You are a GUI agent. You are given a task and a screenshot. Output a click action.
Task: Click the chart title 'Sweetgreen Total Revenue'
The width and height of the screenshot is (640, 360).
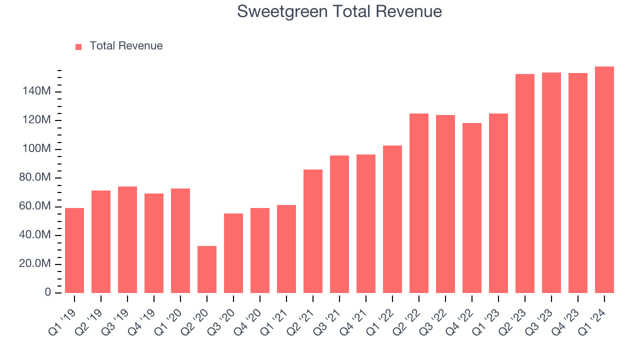click(339, 11)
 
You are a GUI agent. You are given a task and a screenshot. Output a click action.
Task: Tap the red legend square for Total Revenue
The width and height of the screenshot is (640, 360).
click(78, 46)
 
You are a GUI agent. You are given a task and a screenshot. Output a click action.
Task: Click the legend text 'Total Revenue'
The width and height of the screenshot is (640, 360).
click(126, 46)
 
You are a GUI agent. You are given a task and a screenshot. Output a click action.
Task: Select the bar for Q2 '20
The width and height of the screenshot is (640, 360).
click(207, 269)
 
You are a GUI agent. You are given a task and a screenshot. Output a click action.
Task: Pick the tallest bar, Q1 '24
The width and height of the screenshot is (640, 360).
click(604, 180)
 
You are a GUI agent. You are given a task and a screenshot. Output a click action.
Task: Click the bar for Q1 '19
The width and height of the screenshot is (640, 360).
click(74, 250)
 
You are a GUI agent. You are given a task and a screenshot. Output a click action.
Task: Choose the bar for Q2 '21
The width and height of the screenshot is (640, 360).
click(313, 231)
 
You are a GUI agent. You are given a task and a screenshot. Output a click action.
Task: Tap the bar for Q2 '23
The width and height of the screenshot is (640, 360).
click(525, 183)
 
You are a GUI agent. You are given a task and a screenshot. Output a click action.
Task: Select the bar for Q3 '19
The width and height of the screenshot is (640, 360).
click(127, 239)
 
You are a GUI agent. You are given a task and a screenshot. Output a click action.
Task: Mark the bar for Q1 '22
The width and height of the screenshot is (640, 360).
click(392, 219)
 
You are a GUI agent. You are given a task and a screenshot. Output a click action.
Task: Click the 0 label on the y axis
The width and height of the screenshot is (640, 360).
click(48, 292)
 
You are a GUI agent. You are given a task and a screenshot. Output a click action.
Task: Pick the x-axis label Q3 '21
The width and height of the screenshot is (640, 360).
click(329, 314)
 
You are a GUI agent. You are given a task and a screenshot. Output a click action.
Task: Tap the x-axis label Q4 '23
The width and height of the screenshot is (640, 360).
click(568, 314)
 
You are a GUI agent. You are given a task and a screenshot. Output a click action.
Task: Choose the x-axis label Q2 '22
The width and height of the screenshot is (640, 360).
click(409, 314)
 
